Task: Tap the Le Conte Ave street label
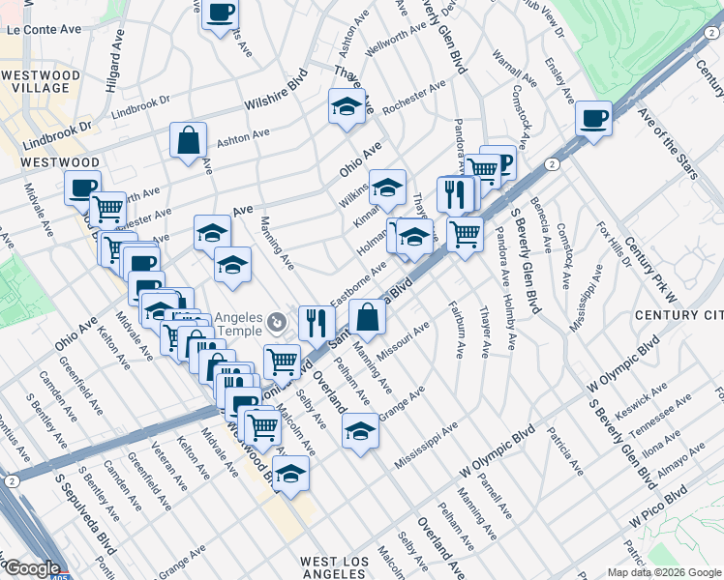44,30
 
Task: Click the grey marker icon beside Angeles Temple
277,321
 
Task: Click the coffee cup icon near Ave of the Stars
593,119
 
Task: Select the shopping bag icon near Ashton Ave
188,140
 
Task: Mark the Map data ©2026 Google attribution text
664,572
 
